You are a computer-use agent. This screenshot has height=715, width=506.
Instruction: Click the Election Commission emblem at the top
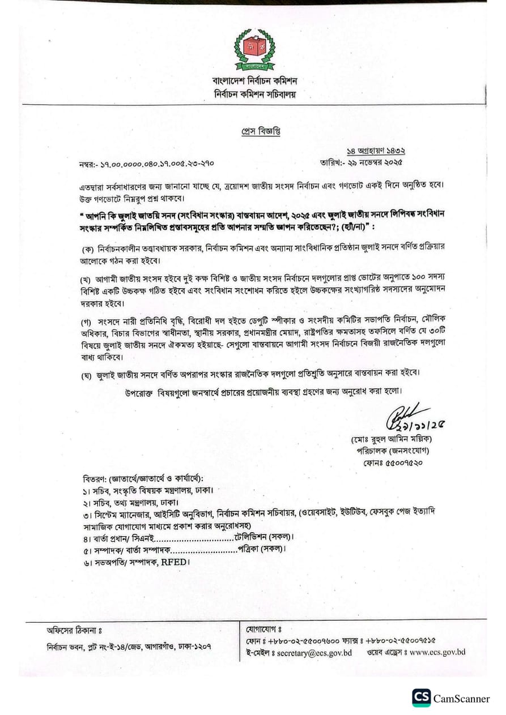pos(254,49)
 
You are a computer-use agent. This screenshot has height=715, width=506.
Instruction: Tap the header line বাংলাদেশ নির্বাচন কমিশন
pos(254,81)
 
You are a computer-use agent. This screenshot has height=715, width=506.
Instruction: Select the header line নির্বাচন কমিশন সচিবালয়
pos(254,95)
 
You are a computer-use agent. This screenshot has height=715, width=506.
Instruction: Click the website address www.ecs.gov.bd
pos(437,652)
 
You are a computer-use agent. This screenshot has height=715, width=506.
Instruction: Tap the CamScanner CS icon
pos(421,698)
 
